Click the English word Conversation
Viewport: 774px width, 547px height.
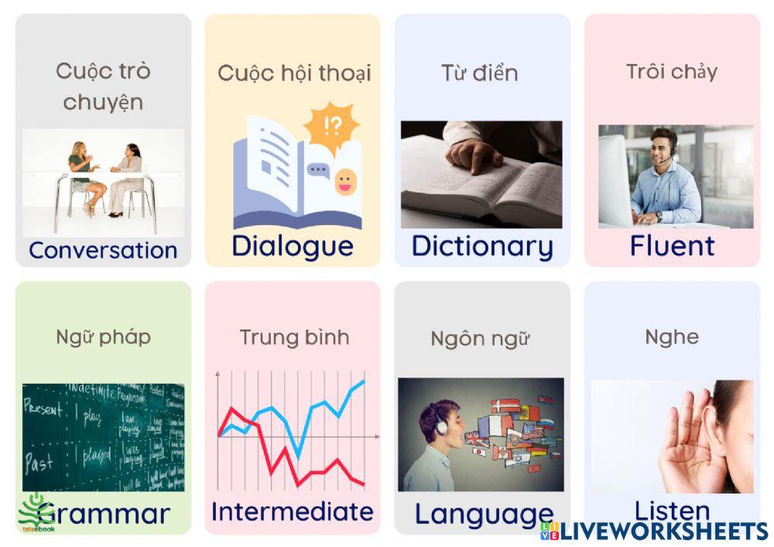coord(103,250)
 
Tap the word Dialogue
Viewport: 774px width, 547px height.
coord(293,245)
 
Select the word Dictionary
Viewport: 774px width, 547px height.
coord(482,245)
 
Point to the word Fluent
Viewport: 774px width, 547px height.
coord(672,245)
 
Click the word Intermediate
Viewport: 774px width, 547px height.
coord(293,511)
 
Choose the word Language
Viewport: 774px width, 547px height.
coord(484,514)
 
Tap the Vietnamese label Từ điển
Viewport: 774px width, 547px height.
coord(480,74)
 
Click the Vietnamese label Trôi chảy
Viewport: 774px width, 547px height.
coord(672,72)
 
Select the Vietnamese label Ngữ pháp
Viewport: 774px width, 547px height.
coord(103,337)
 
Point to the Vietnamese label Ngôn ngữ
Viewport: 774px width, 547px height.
coord(480,339)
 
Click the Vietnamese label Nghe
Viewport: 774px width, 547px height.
coord(672,337)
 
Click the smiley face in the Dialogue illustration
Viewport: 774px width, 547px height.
coord(344,183)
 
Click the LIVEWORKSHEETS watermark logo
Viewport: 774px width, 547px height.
coord(654,531)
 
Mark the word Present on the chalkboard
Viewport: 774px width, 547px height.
coord(43,409)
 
